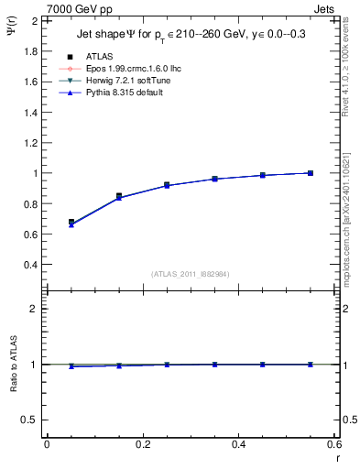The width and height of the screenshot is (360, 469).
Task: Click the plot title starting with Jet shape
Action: click(x=191, y=36)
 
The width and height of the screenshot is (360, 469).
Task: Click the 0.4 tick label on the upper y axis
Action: click(x=29, y=265)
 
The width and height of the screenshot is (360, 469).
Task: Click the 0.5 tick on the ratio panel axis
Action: click(x=29, y=420)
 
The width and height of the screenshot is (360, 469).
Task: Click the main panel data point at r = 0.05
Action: click(x=71, y=223)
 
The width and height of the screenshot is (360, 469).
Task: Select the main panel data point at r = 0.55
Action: click(x=311, y=173)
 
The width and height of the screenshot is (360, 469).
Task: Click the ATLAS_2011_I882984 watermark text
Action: click(x=190, y=274)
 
